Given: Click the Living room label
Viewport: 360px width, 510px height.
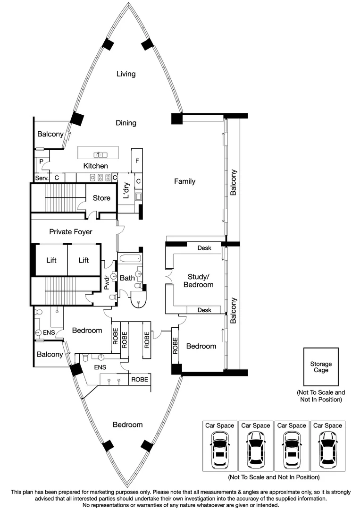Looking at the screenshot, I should tap(126, 74).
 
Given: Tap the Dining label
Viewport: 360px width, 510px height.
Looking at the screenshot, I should tap(126, 123).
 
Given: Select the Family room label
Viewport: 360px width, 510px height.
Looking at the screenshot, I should tap(184, 181).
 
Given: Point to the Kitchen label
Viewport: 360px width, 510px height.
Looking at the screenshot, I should tap(95, 166).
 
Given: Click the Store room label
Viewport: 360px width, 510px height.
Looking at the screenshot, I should tap(101, 198).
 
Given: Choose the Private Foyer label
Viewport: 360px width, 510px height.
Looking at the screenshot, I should tap(71, 232).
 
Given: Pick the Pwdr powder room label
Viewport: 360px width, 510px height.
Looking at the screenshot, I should tap(107, 282).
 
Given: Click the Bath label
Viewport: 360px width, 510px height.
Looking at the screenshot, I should tap(127, 278).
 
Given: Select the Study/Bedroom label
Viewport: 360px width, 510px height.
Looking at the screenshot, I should tap(201, 280).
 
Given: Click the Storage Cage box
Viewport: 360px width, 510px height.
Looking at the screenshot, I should tap(321, 367).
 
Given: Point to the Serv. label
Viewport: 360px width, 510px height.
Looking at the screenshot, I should tap(41, 178).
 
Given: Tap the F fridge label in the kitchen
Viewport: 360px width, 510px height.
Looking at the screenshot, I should tap(137, 161).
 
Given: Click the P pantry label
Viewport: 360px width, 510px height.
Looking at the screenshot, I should tap(42, 161).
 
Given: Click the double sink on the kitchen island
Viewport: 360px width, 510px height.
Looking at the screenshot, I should tap(100, 154).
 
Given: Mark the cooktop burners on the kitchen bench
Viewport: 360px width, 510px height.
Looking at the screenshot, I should tap(100, 178).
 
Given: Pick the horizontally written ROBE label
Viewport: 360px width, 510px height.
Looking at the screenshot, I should tap(140, 379).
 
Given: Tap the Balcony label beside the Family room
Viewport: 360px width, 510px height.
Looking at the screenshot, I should tap(233, 182).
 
